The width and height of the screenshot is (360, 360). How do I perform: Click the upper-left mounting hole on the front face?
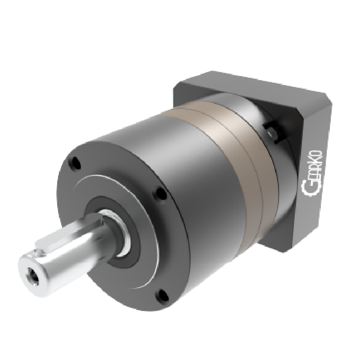[x=75, y=163]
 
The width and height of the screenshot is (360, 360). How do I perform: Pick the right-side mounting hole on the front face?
[x=161, y=193]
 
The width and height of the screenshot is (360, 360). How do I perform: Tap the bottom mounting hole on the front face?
[x=163, y=296]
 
